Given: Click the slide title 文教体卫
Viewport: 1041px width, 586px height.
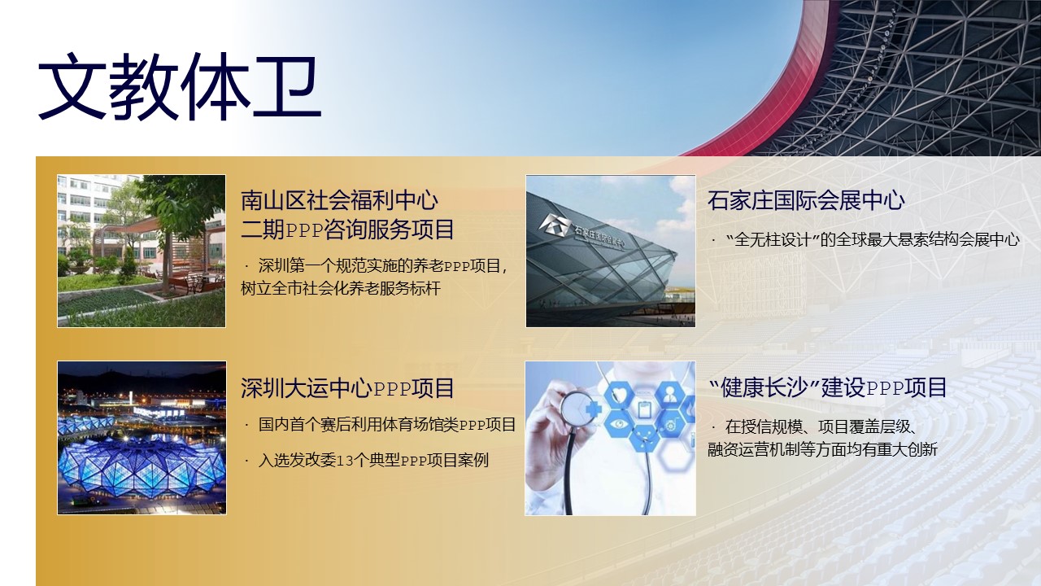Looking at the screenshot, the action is click(x=180, y=87).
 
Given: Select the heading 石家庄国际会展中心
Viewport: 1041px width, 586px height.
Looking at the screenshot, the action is click(x=806, y=200).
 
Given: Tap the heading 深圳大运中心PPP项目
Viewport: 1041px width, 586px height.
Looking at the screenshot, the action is click(x=347, y=388).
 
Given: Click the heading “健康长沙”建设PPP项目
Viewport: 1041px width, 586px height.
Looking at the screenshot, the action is click(x=828, y=387).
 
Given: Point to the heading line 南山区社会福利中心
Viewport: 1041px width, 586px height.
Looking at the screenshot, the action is click(x=339, y=200).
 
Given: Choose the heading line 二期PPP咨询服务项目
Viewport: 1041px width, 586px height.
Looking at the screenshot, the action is click(x=347, y=230).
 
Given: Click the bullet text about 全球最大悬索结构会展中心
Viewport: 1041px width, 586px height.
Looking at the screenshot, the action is click(x=873, y=240).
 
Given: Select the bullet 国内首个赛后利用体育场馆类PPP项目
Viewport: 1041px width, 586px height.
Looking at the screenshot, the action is click(x=387, y=425).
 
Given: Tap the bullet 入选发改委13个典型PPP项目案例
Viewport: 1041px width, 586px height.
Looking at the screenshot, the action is click(x=373, y=461).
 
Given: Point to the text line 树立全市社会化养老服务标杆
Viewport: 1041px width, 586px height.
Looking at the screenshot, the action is click(x=341, y=289).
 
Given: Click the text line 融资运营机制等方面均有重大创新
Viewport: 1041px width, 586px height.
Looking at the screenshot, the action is click(x=822, y=450).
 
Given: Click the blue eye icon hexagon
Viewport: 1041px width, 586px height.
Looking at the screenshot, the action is click(x=618, y=424).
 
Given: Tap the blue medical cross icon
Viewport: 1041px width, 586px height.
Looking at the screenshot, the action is click(x=593, y=410).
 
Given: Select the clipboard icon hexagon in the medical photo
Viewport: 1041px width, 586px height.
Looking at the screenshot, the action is click(x=644, y=409).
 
